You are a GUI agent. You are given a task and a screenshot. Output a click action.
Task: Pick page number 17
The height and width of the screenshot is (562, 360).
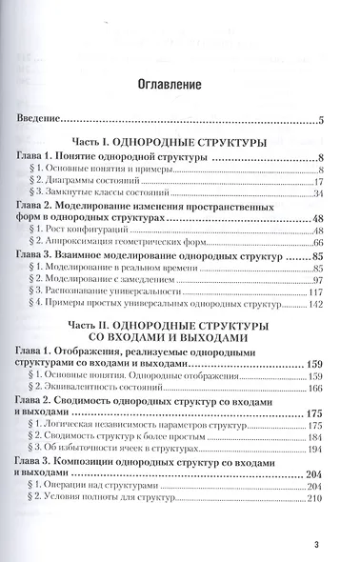click(319, 180)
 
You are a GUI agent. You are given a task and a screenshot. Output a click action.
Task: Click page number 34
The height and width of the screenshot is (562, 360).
click(319, 193)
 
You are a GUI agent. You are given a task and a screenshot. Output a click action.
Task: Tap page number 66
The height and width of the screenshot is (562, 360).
click(319, 245)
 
